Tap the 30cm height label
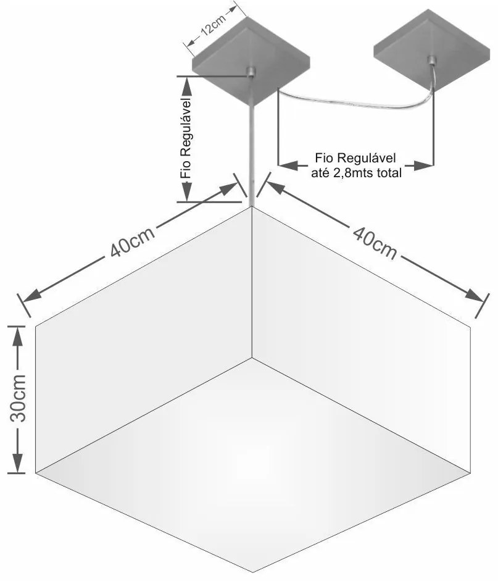tap(19, 398)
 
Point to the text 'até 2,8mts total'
tap(357, 173)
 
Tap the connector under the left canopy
tap(252, 73)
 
